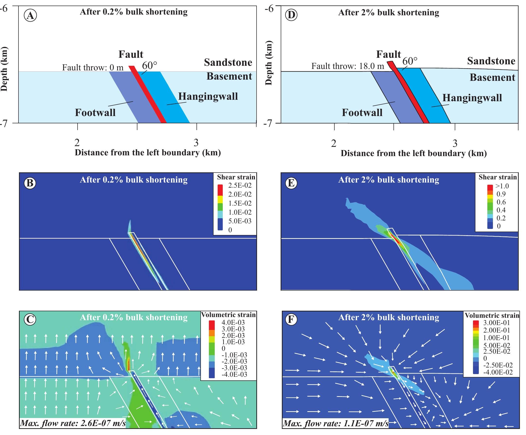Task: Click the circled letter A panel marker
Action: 30,16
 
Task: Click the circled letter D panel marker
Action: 292,15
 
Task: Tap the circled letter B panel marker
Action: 30,183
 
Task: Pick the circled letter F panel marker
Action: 292,320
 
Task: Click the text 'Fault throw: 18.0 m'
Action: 348,66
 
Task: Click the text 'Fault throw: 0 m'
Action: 93,67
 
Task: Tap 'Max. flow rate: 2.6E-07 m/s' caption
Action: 73,423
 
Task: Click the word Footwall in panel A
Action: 95,112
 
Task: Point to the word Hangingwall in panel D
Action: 472,98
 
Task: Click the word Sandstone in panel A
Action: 228,62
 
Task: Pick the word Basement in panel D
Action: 492,77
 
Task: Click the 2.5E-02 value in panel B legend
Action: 240,185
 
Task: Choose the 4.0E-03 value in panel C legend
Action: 233,323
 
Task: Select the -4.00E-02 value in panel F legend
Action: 498,372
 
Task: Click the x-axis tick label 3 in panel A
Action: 196,143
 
